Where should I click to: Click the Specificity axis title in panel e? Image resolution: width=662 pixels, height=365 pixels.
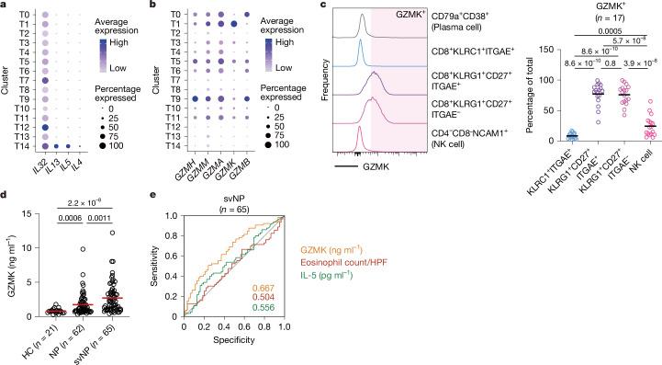pyautogui.click(x=230, y=353)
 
